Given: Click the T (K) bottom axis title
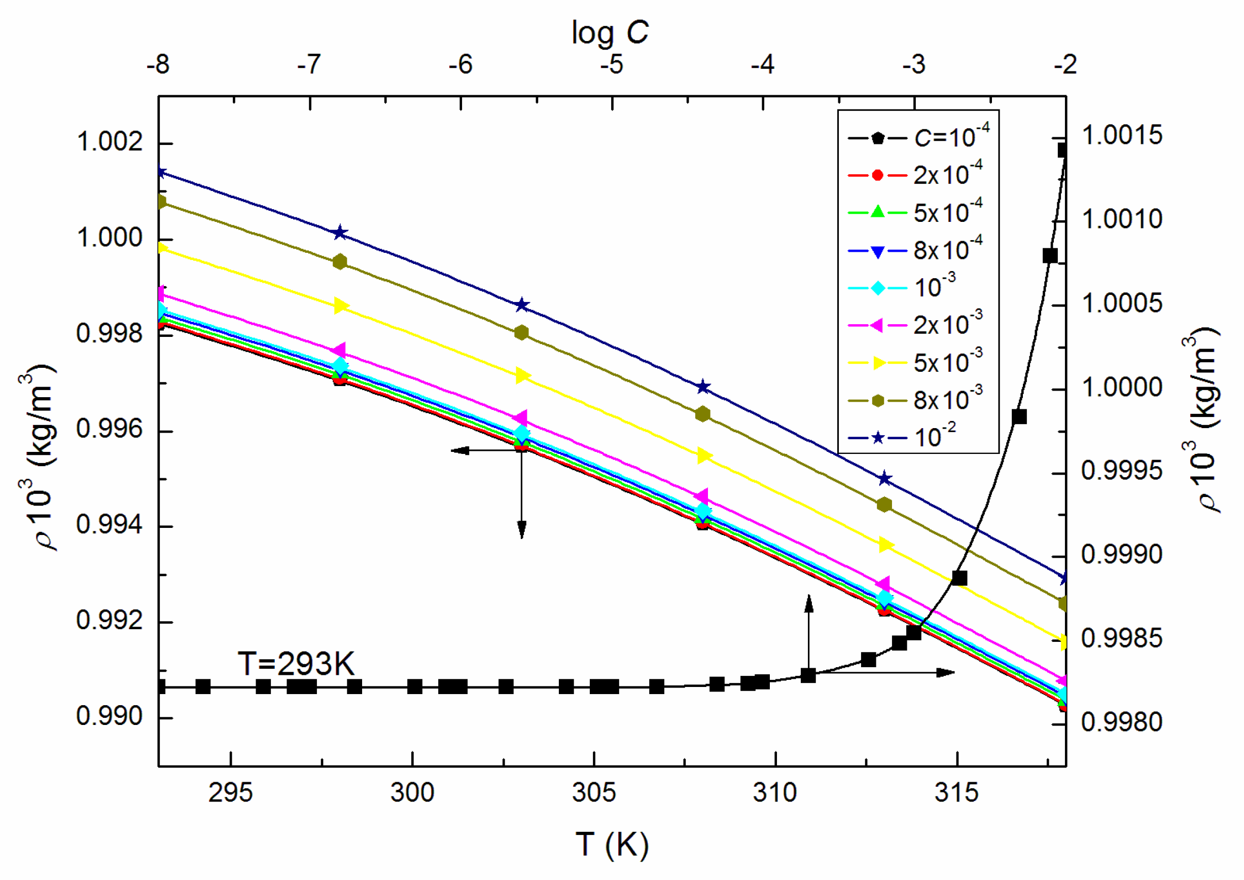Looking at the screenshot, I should (612, 844).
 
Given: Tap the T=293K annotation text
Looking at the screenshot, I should (296, 664).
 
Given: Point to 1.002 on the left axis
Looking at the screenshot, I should (110, 142).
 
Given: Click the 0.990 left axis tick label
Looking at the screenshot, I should (110, 716).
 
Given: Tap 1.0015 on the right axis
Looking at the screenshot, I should (1121, 135).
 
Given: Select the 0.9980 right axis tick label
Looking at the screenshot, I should (1121, 722).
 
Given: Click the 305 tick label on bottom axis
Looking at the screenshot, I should (594, 793).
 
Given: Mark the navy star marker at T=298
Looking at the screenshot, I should (339, 233).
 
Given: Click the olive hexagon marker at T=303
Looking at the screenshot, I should (521, 333).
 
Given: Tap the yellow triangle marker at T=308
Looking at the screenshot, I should (703, 456).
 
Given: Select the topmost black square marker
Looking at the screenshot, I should (1063, 150).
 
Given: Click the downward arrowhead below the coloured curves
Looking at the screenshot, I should (521, 529).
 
